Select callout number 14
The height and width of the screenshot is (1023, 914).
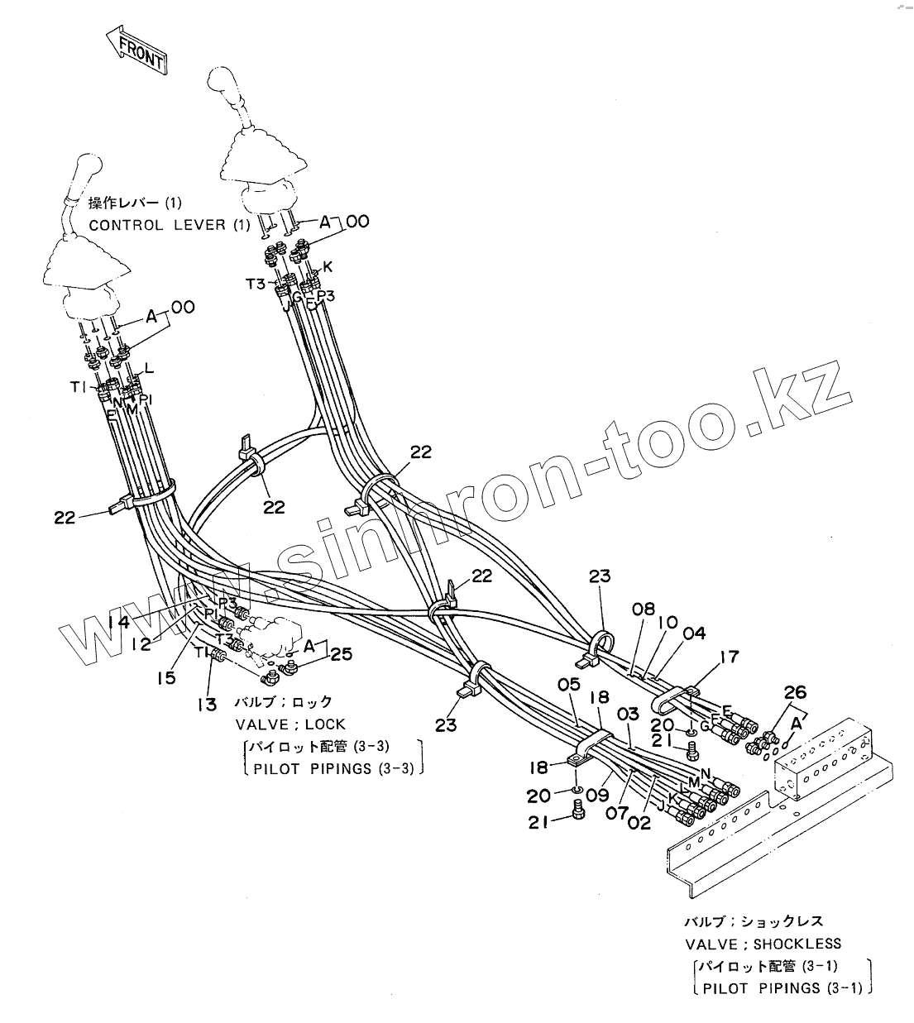[x=119, y=622]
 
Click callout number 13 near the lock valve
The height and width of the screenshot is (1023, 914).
[x=206, y=704]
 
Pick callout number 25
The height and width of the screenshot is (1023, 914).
[x=341, y=654]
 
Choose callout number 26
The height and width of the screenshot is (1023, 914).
[x=794, y=692]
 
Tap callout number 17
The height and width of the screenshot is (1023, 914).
[x=729, y=659]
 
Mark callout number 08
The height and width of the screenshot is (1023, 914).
[x=644, y=611]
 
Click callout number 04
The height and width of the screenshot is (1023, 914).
[x=694, y=633]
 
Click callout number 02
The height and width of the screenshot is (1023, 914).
[x=639, y=823]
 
